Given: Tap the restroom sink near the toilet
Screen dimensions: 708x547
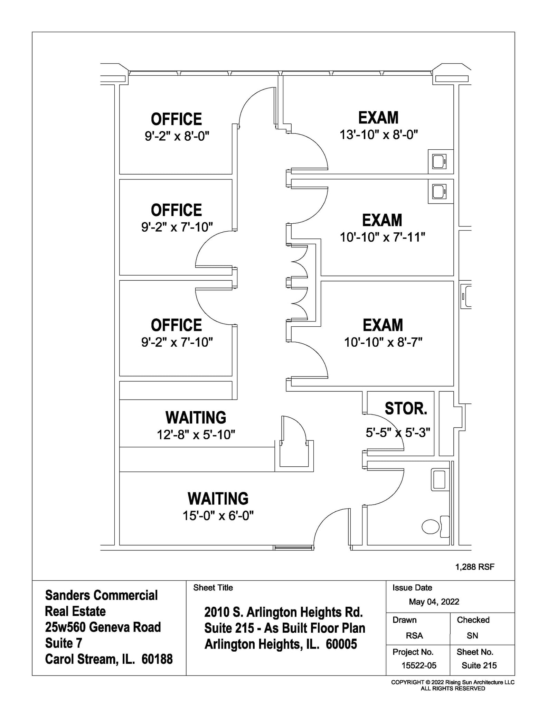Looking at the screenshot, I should click(x=439, y=479).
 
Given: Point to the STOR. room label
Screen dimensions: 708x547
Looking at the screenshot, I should click(x=406, y=409).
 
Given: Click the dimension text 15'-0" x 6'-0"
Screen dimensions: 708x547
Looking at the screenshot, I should click(x=218, y=516).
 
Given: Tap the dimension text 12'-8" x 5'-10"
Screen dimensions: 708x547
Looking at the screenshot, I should click(x=196, y=435).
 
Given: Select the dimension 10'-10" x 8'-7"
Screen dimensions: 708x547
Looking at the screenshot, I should click(x=383, y=342).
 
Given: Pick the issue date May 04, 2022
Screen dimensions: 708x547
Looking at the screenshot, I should click(x=434, y=602).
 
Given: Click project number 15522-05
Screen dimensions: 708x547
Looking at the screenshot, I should click(x=419, y=665).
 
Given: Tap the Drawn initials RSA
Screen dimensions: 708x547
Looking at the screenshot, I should click(x=414, y=635).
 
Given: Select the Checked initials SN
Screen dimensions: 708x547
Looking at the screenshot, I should click(x=472, y=635).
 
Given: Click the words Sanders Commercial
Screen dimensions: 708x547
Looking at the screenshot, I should click(x=101, y=595).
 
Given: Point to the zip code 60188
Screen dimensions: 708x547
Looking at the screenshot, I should click(x=157, y=659).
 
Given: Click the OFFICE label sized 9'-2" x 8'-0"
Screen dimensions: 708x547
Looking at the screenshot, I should click(x=176, y=119).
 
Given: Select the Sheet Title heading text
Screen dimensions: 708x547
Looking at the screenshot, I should click(x=213, y=588).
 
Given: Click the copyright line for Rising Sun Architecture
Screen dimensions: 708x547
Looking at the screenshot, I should click(x=453, y=682).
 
